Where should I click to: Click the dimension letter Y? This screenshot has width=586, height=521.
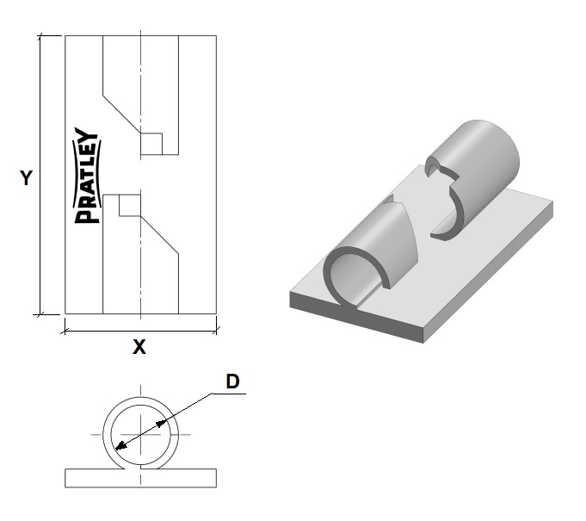(27, 178)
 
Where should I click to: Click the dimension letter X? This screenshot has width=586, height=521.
(139, 348)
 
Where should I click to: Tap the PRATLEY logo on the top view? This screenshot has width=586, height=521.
(86, 176)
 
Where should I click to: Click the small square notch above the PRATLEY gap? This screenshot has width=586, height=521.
(151, 144)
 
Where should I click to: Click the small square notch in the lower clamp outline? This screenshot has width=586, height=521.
(129, 205)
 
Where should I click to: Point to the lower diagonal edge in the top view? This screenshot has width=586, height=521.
(159, 233)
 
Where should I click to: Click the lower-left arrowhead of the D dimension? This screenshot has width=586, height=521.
(120, 446)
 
